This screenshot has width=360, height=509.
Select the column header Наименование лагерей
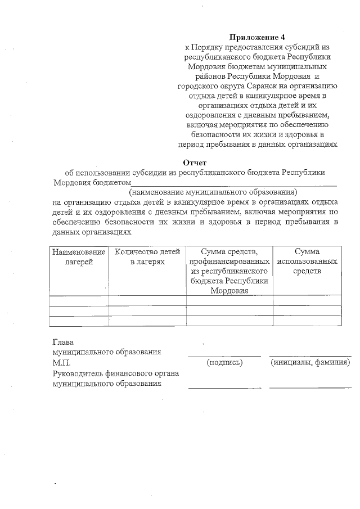(x=79, y=257)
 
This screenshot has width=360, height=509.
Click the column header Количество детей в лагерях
(x=147, y=257)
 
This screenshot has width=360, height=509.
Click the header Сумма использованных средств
(x=307, y=262)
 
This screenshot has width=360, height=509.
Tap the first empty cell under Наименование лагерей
(x=79, y=300)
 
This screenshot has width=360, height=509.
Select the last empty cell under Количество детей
(x=147, y=321)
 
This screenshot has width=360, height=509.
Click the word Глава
(x=62, y=341)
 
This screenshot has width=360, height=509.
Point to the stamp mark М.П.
(x=61, y=363)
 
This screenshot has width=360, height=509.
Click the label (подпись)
(x=224, y=363)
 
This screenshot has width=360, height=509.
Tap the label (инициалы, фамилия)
(x=310, y=363)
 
